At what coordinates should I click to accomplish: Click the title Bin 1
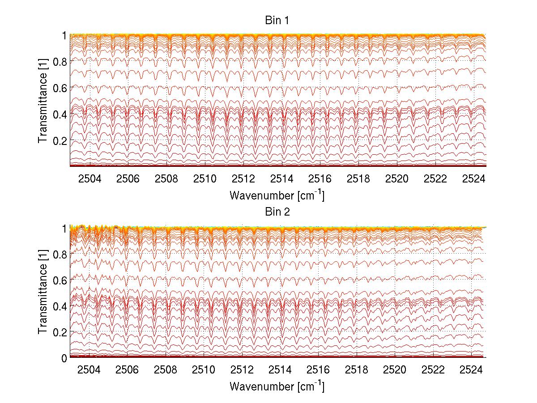click(277, 21)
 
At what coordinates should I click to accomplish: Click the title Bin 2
click(277, 212)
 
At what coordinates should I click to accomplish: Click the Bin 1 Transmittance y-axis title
click(43, 101)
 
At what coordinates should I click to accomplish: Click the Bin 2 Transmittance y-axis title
click(43, 293)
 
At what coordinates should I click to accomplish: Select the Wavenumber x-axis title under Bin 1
click(277, 195)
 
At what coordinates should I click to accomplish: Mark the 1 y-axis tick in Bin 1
click(64, 35)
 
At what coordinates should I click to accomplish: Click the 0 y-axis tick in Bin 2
click(64, 358)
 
